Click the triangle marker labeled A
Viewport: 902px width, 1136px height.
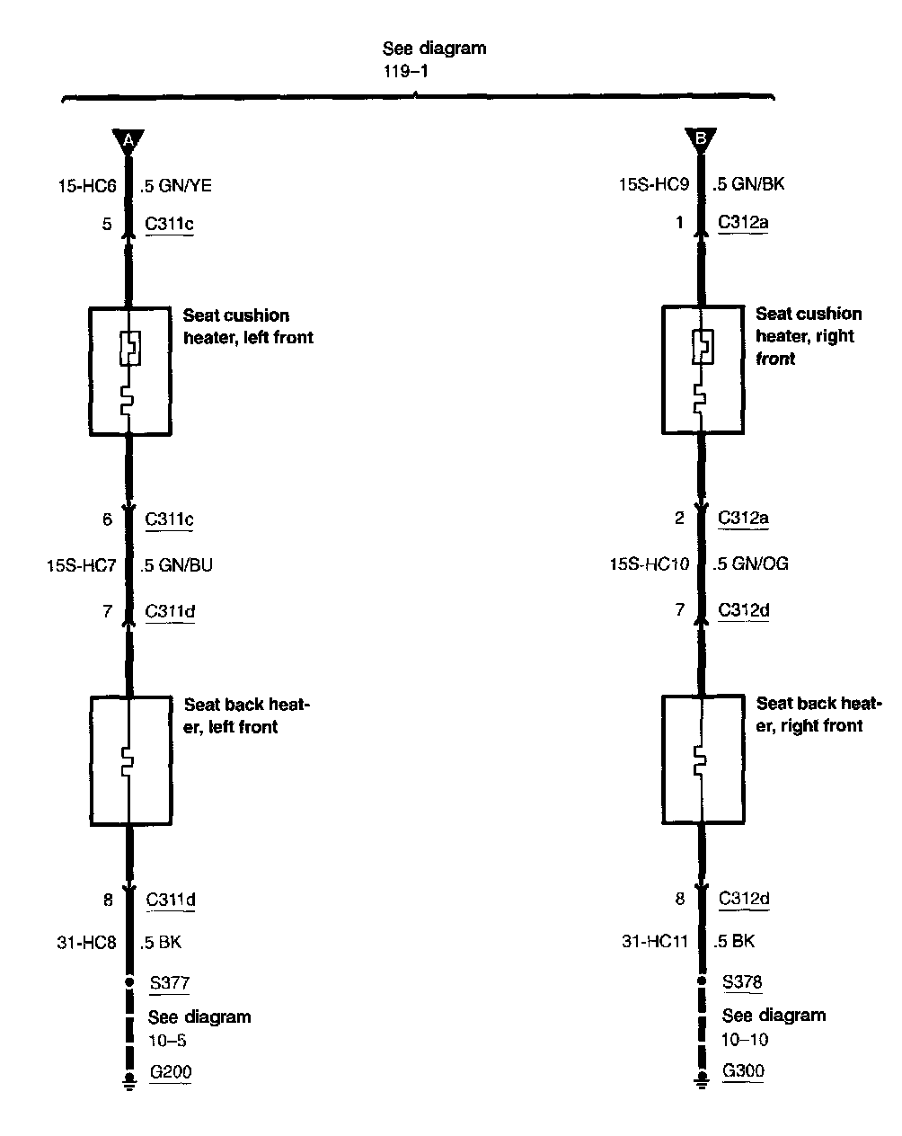click(x=128, y=141)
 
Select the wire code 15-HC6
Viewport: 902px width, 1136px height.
click(x=87, y=186)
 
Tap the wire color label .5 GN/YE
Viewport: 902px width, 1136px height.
click(x=176, y=186)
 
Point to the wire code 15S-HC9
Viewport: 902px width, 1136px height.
click(x=654, y=184)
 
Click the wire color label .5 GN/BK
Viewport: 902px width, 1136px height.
click(x=748, y=183)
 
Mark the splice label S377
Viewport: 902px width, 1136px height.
click(x=170, y=982)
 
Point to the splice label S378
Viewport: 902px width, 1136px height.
click(x=742, y=981)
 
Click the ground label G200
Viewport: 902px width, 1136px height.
click(x=171, y=1071)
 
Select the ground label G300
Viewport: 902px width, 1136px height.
click(x=743, y=1070)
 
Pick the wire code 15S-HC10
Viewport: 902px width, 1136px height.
click(x=650, y=564)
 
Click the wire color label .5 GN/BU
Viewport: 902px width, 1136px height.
click(x=176, y=565)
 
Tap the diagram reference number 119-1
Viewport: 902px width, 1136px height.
click(x=405, y=71)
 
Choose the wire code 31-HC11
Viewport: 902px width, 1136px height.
click(x=655, y=941)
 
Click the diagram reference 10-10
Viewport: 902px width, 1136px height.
click(x=745, y=1040)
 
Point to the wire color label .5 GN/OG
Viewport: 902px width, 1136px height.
click(x=750, y=564)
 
